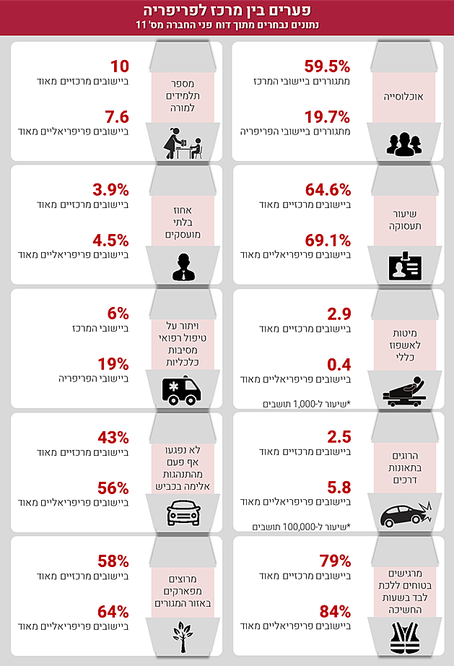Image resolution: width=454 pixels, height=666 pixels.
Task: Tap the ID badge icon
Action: [x=403, y=267]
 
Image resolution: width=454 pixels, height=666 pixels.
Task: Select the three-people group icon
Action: [x=403, y=142]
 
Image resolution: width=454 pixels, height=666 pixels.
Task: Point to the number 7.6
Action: [x=116, y=117]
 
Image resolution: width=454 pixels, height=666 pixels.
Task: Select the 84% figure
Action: [x=335, y=611]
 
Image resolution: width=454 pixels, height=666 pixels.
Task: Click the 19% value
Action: [x=114, y=363]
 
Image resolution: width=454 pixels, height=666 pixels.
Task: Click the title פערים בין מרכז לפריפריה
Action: [x=227, y=10]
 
